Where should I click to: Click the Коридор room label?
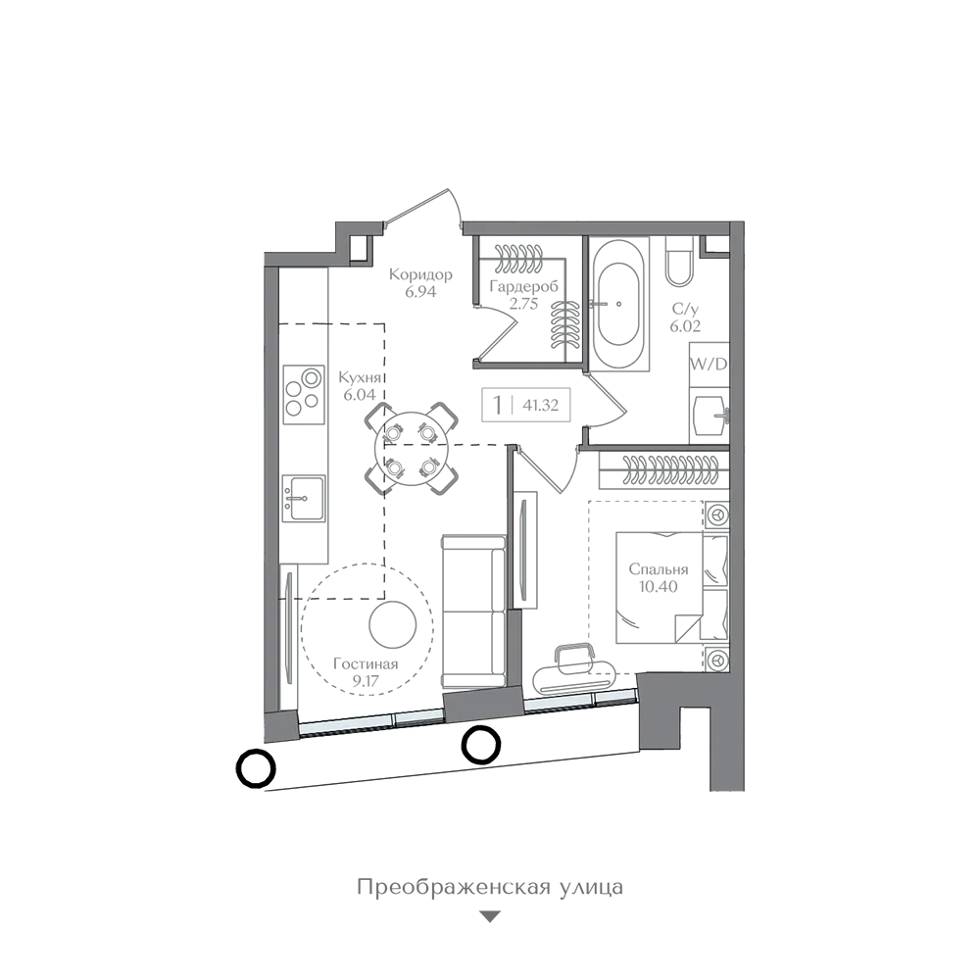click(x=420, y=274)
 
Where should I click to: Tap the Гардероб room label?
click(x=523, y=287)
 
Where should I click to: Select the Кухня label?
click(x=360, y=378)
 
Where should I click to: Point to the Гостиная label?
click(x=366, y=664)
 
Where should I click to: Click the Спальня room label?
click(x=659, y=569)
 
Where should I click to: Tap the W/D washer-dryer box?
click(x=709, y=365)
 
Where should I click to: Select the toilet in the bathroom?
click(x=679, y=262)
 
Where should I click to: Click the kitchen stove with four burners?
click(x=304, y=394)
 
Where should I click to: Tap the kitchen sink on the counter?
click(x=304, y=498)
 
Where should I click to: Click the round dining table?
click(x=411, y=448)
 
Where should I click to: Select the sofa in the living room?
click(x=473, y=612)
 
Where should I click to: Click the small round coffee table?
click(x=393, y=625)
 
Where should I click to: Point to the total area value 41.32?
click(x=541, y=405)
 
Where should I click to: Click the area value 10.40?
click(x=659, y=586)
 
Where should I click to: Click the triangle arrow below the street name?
click(x=490, y=917)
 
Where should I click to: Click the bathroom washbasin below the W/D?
click(x=710, y=416)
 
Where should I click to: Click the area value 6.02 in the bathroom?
click(x=685, y=325)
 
